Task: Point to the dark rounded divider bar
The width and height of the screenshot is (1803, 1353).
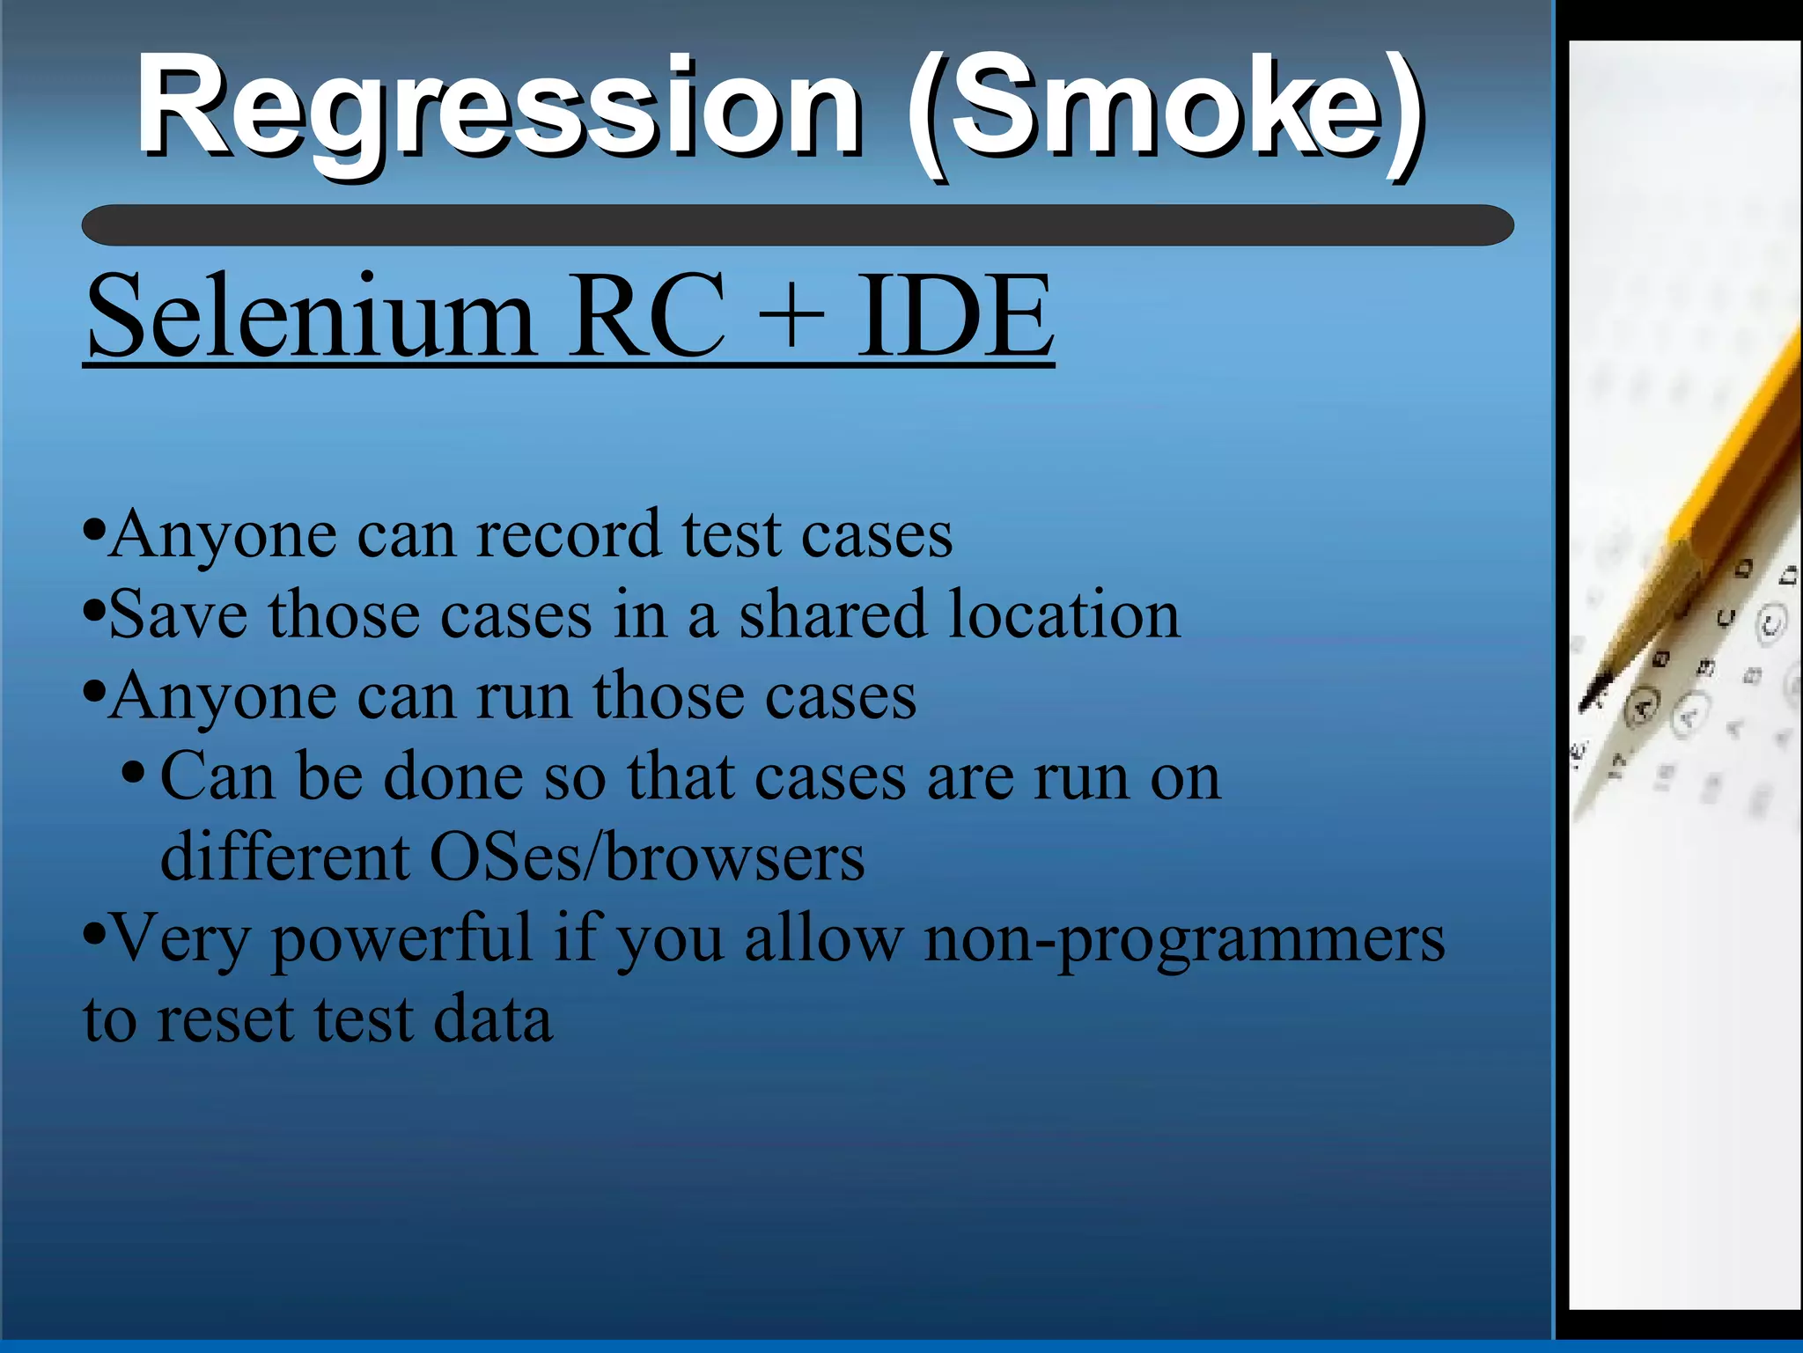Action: [797, 225]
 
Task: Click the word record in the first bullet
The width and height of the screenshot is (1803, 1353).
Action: [568, 534]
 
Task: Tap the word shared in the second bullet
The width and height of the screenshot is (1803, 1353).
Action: [833, 614]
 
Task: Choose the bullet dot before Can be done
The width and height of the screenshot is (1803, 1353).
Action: [133, 775]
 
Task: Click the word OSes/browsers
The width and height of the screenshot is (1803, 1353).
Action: [647, 857]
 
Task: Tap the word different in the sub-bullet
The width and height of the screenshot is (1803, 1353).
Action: [284, 857]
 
